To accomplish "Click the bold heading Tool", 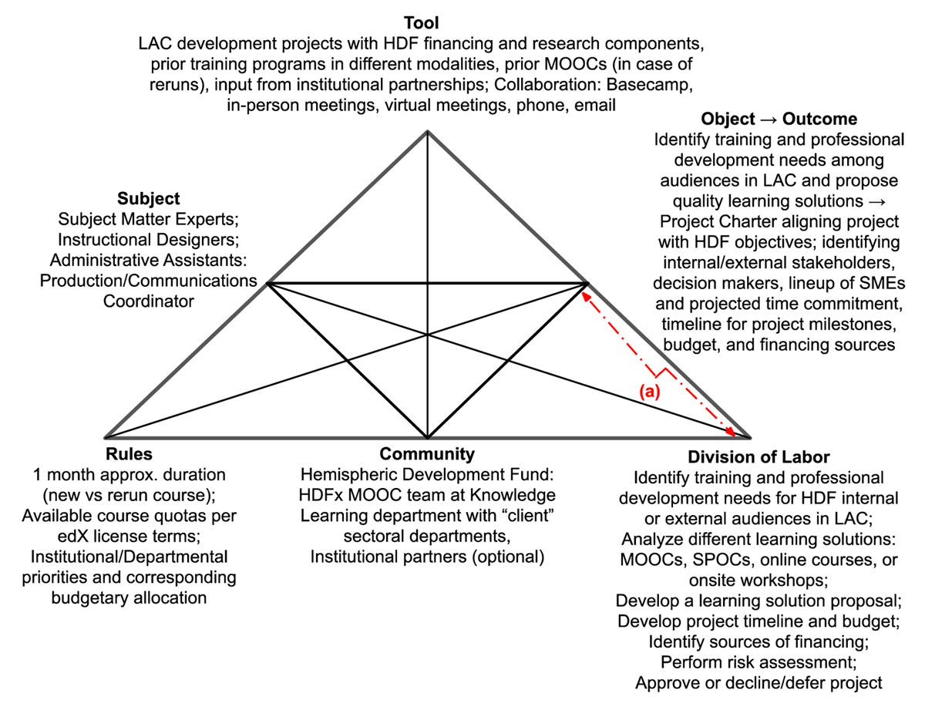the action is point(421,23).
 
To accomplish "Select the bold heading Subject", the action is point(148,198).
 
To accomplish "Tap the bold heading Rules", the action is point(129,454).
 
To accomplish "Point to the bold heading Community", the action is point(427,454).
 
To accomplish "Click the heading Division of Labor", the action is point(758,456).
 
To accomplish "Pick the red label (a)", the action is point(649,392).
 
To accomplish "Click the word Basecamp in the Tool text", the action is point(649,85).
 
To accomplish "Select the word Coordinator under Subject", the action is point(148,301).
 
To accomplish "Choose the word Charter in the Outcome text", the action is point(746,221).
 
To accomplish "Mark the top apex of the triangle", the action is point(427,132).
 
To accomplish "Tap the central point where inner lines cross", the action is point(427,335).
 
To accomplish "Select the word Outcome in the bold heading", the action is point(819,119).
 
